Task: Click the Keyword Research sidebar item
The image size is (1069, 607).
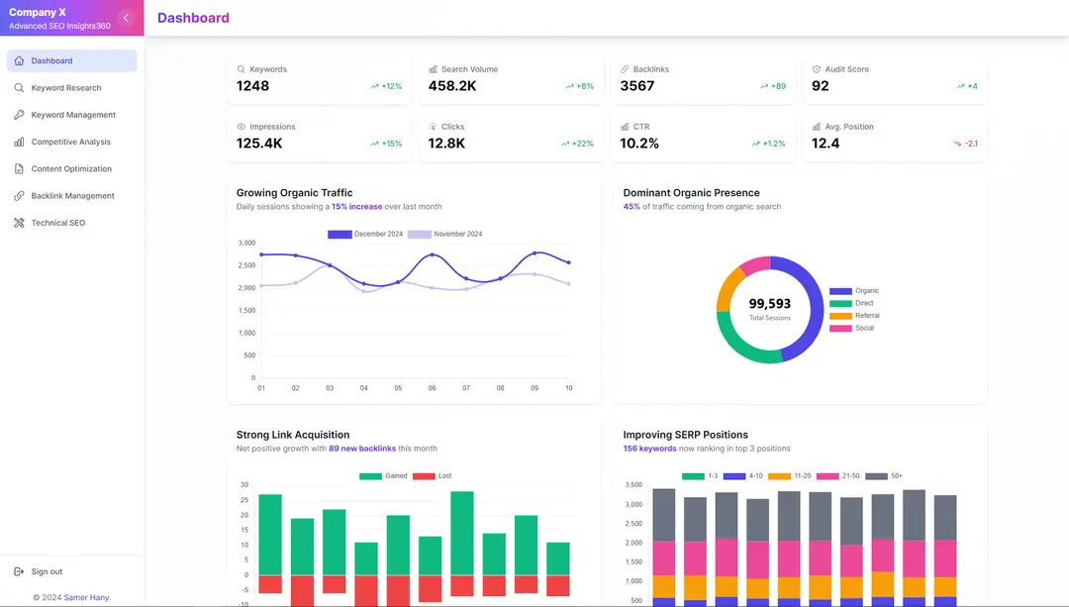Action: pyautogui.click(x=65, y=88)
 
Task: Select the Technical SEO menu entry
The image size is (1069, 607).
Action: pyautogui.click(x=57, y=223)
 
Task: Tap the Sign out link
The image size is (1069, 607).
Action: pyautogui.click(x=46, y=571)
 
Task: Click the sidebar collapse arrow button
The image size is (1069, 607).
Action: pyautogui.click(x=126, y=18)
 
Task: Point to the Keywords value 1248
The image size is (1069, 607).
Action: pyautogui.click(x=252, y=86)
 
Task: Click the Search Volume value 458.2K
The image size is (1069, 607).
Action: pyautogui.click(x=452, y=86)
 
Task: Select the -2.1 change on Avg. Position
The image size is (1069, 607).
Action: pyautogui.click(x=971, y=144)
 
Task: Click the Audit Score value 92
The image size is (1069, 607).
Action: pyautogui.click(x=820, y=86)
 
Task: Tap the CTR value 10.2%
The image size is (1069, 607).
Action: pyautogui.click(x=639, y=144)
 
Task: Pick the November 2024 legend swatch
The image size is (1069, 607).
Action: pyautogui.click(x=420, y=235)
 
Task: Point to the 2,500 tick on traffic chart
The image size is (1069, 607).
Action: pyautogui.click(x=246, y=265)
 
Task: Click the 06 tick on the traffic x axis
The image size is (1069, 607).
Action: pyautogui.click(x=432, y=388)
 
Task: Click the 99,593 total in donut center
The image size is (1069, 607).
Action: pyautogui.click(x=769, y=304)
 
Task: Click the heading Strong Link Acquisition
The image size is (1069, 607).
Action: pyautogui.click(x=293, y=435)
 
